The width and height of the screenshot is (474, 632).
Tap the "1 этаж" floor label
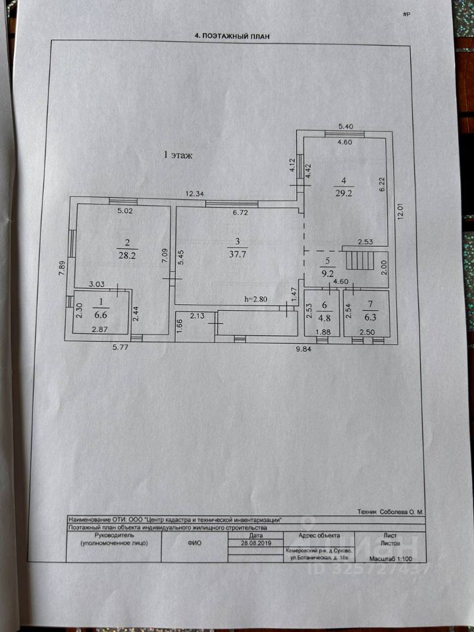tap(178, 155)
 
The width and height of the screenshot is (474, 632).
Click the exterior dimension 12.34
tap(195, 193)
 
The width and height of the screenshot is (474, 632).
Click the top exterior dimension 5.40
tap(346, 126)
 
